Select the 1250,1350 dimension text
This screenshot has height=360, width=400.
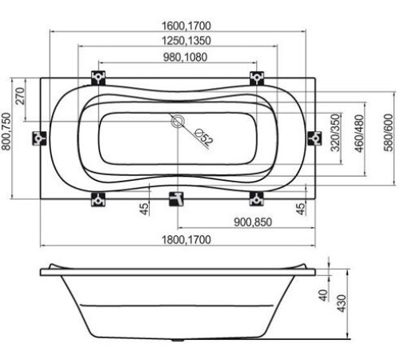click(x=178, y=42)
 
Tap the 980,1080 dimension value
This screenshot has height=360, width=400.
click(x=178, y=57)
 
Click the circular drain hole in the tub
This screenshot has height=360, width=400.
click(x=178, y=122)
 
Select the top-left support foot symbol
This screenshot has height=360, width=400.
click(x=98, y=78)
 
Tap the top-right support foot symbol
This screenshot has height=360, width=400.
click(x=257, y=78)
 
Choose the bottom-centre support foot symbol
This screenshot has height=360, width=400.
click(x=176, y=198)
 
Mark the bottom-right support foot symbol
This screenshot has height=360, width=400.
click(x=257, y=198)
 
